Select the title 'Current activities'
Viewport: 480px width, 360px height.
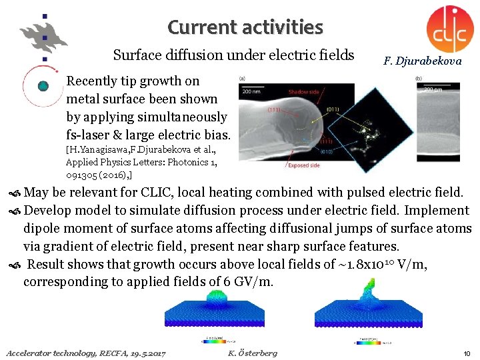pos(245,27)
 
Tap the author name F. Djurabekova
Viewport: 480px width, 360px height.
pos(422,61)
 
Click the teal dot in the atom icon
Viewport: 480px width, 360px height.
pos(43,86)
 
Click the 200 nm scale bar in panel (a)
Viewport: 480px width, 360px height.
pos(252,90)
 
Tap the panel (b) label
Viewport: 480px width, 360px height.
pos(418,79)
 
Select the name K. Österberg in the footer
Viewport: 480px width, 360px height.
pos(252,352)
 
